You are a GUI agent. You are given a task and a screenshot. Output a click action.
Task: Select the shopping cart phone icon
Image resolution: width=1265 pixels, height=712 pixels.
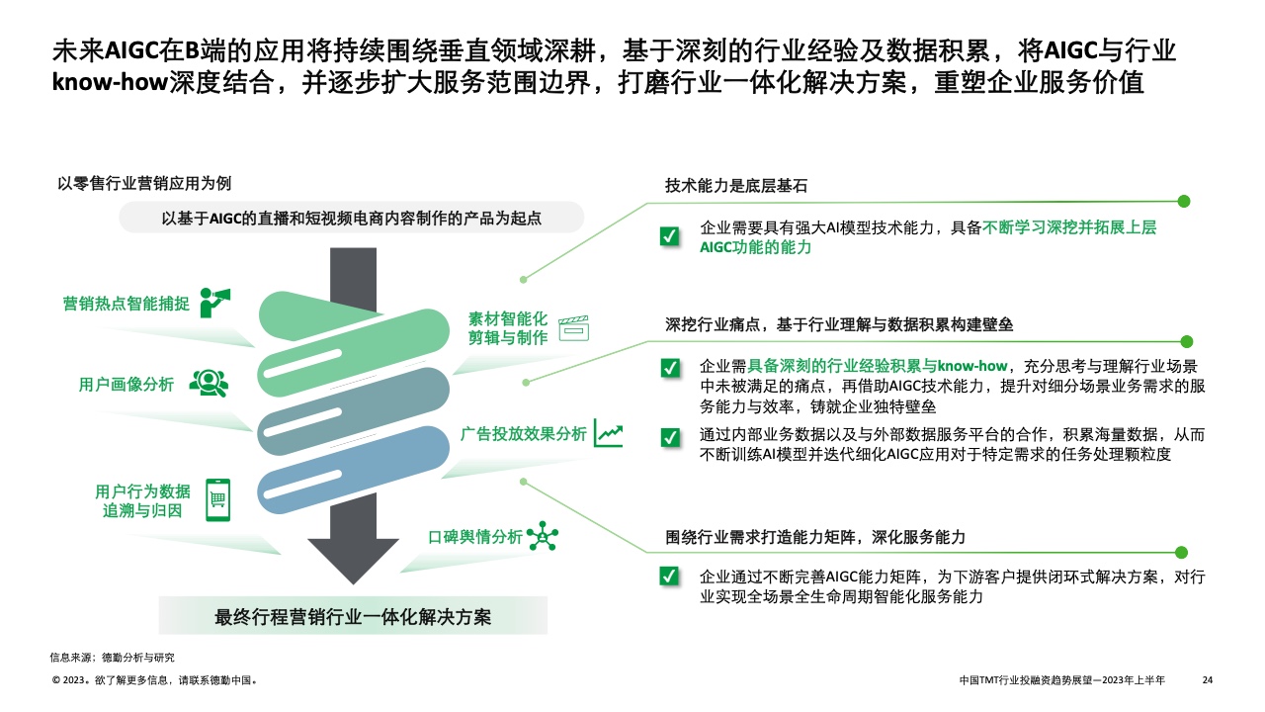point(217,499)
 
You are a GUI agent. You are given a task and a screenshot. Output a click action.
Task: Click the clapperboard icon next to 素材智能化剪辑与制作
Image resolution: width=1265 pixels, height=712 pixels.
point(573,328)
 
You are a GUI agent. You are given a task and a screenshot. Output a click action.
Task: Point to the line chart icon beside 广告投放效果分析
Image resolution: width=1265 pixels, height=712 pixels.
point(608,434)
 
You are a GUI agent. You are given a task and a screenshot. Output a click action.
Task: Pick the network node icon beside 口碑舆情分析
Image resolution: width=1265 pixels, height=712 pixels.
point(543,536)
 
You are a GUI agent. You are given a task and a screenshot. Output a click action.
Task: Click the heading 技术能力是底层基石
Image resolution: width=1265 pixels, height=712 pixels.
point(738,186)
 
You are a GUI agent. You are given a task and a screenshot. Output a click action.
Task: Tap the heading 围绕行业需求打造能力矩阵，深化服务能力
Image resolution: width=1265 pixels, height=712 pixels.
point(815,536)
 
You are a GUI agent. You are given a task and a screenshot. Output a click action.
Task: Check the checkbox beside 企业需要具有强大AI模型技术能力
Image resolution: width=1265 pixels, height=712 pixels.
point(669,235)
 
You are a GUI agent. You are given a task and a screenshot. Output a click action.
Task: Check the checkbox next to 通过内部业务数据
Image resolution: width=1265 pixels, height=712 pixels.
point(669,436)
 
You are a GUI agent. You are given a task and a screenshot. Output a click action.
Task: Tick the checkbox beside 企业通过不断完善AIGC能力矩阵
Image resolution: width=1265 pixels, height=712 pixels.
point(669,577)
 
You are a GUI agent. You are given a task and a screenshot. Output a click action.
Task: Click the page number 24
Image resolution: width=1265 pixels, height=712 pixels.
point(1207,680)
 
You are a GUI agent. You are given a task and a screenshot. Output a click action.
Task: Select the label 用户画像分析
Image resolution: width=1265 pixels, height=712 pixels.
point(126,384)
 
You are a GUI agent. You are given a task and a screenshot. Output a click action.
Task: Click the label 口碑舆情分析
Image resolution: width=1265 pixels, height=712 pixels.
point(475,536)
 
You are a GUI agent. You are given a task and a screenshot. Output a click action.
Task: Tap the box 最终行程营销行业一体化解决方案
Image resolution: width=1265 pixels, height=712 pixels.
point(353,616)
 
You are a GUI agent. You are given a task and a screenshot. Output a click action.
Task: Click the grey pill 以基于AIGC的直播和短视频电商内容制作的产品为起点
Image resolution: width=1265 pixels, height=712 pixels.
point(351,218)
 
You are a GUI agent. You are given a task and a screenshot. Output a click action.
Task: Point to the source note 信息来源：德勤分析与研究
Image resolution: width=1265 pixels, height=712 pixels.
point(112,657)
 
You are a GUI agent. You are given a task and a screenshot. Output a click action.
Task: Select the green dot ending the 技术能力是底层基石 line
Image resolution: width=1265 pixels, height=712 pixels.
point(1184,201)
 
